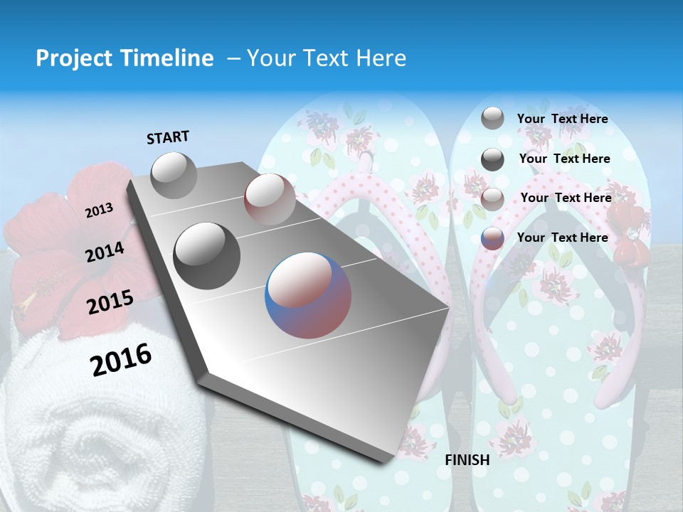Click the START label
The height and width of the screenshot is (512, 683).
click(168, 137)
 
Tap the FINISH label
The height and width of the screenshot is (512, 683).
click(467, 459)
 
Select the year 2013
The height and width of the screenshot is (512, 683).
click(100, 210)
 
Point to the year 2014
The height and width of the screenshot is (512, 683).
click(105, 252)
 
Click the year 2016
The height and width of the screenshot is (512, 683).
click(121, 359)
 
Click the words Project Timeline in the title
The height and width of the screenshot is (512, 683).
click(125, 58)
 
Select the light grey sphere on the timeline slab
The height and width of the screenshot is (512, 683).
click(174, 175)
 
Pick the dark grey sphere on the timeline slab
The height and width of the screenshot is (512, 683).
click(207, 255)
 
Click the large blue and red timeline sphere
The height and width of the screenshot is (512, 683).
click(308, 295)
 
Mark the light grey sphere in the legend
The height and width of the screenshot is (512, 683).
click(492, 118)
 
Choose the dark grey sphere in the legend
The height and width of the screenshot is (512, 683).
click(492, 159)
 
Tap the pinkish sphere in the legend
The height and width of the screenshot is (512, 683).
click(492, 198)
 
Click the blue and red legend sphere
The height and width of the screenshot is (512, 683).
click(492, 238)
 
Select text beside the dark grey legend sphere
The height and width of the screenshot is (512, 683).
click(564, 159)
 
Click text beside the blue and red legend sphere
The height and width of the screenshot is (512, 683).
click(562, 238)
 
